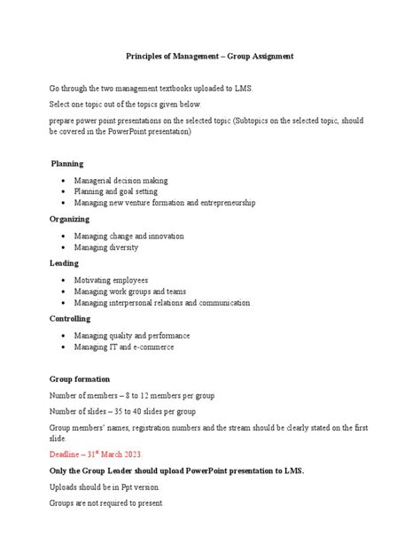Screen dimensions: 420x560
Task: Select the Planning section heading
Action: coord(67,164)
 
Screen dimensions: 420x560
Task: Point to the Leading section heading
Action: coord(65,263)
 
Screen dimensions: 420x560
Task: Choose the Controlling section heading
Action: coord(71,317)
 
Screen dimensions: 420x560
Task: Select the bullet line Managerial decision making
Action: coord(121,180)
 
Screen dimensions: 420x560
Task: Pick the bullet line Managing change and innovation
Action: coord(128,236)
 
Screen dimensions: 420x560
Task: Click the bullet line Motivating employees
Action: coord(111,280)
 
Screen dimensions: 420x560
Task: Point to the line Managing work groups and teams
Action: coord(130,291)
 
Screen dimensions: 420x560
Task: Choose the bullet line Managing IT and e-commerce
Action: coord(124,347)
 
